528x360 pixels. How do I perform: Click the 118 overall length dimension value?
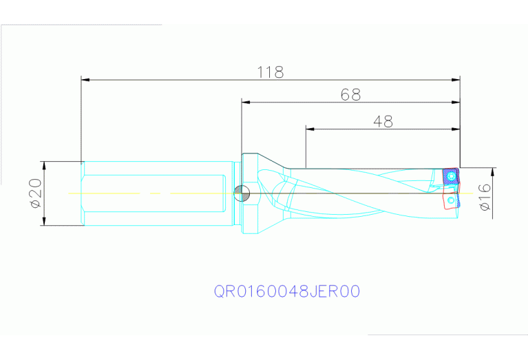(270, 72)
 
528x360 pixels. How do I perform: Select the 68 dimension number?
(350, 95)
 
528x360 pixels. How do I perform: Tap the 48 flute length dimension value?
(383, 121)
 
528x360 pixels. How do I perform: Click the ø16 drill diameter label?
(484, 197)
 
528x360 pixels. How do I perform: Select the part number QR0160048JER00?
(287, 291)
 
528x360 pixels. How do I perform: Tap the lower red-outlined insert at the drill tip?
(450, 200)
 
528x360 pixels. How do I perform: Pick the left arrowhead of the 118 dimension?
(85, 80)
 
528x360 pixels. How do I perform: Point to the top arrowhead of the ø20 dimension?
(44, 165)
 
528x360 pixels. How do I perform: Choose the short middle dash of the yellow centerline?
(156, 193)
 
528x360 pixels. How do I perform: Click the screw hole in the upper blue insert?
(450, 176)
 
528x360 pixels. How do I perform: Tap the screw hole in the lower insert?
(450, 200)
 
